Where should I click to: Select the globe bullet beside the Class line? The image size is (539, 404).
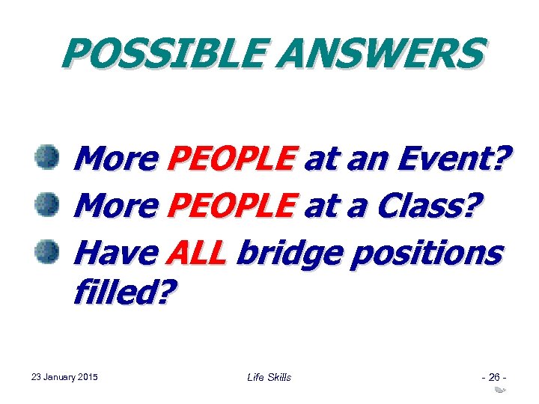pyautogui.click(x=47, y=205)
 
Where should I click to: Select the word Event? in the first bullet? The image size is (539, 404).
pyautogui.click(x=452, y=158)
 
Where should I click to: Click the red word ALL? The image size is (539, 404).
pyautogui.click(x=195, y=254)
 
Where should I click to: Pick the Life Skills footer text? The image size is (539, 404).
pyautogui.click(x=269, y=377)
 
